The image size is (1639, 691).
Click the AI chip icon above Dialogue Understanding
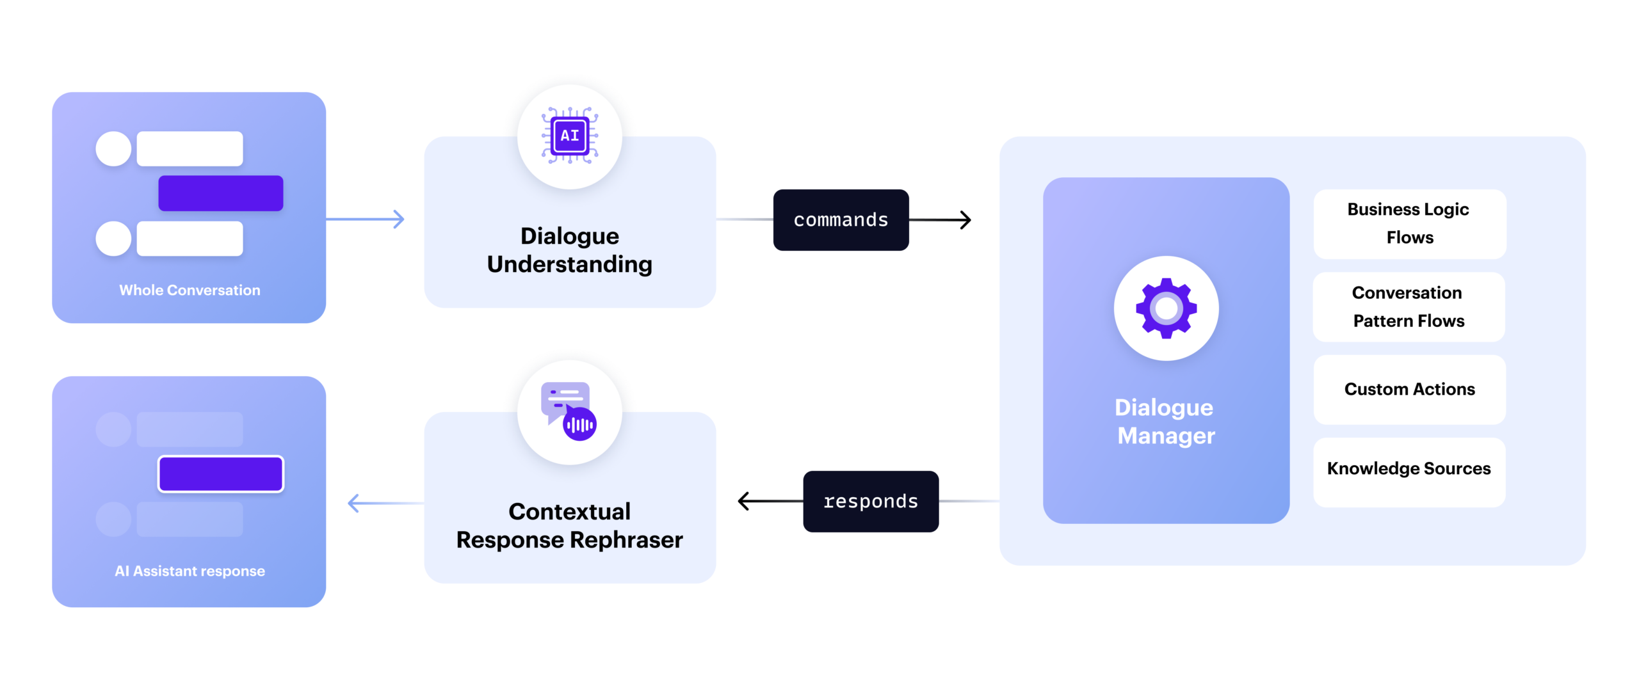[570, 136]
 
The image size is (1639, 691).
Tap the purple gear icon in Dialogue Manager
[1166, 308]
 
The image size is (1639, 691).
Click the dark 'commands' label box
[841, 220]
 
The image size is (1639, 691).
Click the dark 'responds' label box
[871, 502]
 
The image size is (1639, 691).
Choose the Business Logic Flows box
[1409, 224]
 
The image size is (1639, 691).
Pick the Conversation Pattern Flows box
[1409, 307]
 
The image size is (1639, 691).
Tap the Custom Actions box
[1409, 390]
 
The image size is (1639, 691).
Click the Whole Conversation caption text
[190, 290]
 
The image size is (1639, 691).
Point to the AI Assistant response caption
[190, 571]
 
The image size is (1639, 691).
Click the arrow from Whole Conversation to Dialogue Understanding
[368, 219]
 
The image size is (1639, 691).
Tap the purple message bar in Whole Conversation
[221, 193]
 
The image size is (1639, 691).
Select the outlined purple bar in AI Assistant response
[221, 474]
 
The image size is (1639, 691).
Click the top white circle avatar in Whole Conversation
[113, 149]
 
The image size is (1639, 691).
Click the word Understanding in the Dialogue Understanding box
[569, 265]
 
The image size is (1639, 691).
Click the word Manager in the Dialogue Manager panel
[1166, 436]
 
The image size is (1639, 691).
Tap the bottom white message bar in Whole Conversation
[190, 239]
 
